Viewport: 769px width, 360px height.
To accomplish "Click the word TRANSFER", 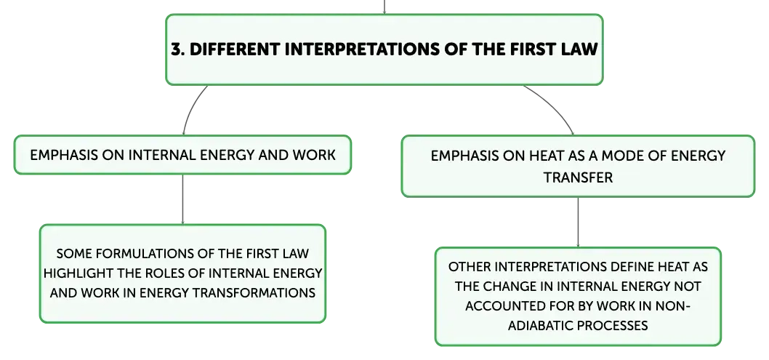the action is (579, 177).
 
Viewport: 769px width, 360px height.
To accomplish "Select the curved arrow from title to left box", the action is (190, 106).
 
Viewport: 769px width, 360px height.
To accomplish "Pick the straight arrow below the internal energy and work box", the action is (183, 199).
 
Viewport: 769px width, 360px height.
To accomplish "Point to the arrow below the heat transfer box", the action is (579, 222).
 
